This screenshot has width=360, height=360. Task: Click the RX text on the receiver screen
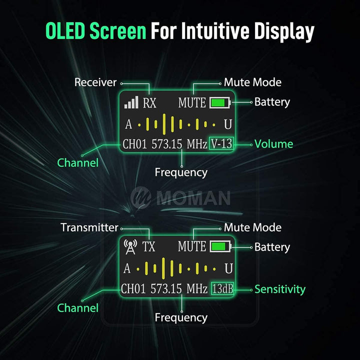(x=149, y=102)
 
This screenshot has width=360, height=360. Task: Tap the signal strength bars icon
(x=131, y=102)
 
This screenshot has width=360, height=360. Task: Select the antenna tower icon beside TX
(x=130, y=247)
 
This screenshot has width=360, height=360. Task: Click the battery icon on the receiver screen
(x=220, y=102)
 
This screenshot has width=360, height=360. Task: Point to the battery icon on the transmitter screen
(x=220, y=246)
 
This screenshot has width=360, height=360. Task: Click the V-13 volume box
(x=221, y=143)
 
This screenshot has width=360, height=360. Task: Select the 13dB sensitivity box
(x=222, y=288)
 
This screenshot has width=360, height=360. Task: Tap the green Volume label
(x=273, y=144)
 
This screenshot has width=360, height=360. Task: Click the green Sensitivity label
(x=280, y=289)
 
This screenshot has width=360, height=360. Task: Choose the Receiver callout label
(x=95, y=82)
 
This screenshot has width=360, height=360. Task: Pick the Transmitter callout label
(x=89, y=227)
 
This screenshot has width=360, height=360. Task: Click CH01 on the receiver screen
(x=134, y=144)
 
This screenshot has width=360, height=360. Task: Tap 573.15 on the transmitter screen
(x=166, y=288)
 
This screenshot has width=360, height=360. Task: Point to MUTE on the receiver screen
(x=192, y=102)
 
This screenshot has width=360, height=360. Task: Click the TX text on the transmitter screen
(x=149, y=247)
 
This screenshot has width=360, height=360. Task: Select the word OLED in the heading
(x=65, y=30)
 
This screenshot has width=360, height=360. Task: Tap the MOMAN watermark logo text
(x=194, y=197)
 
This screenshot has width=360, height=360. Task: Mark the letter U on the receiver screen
(x=228, y=124)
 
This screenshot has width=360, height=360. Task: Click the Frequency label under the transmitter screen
(x=181, y=318)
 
